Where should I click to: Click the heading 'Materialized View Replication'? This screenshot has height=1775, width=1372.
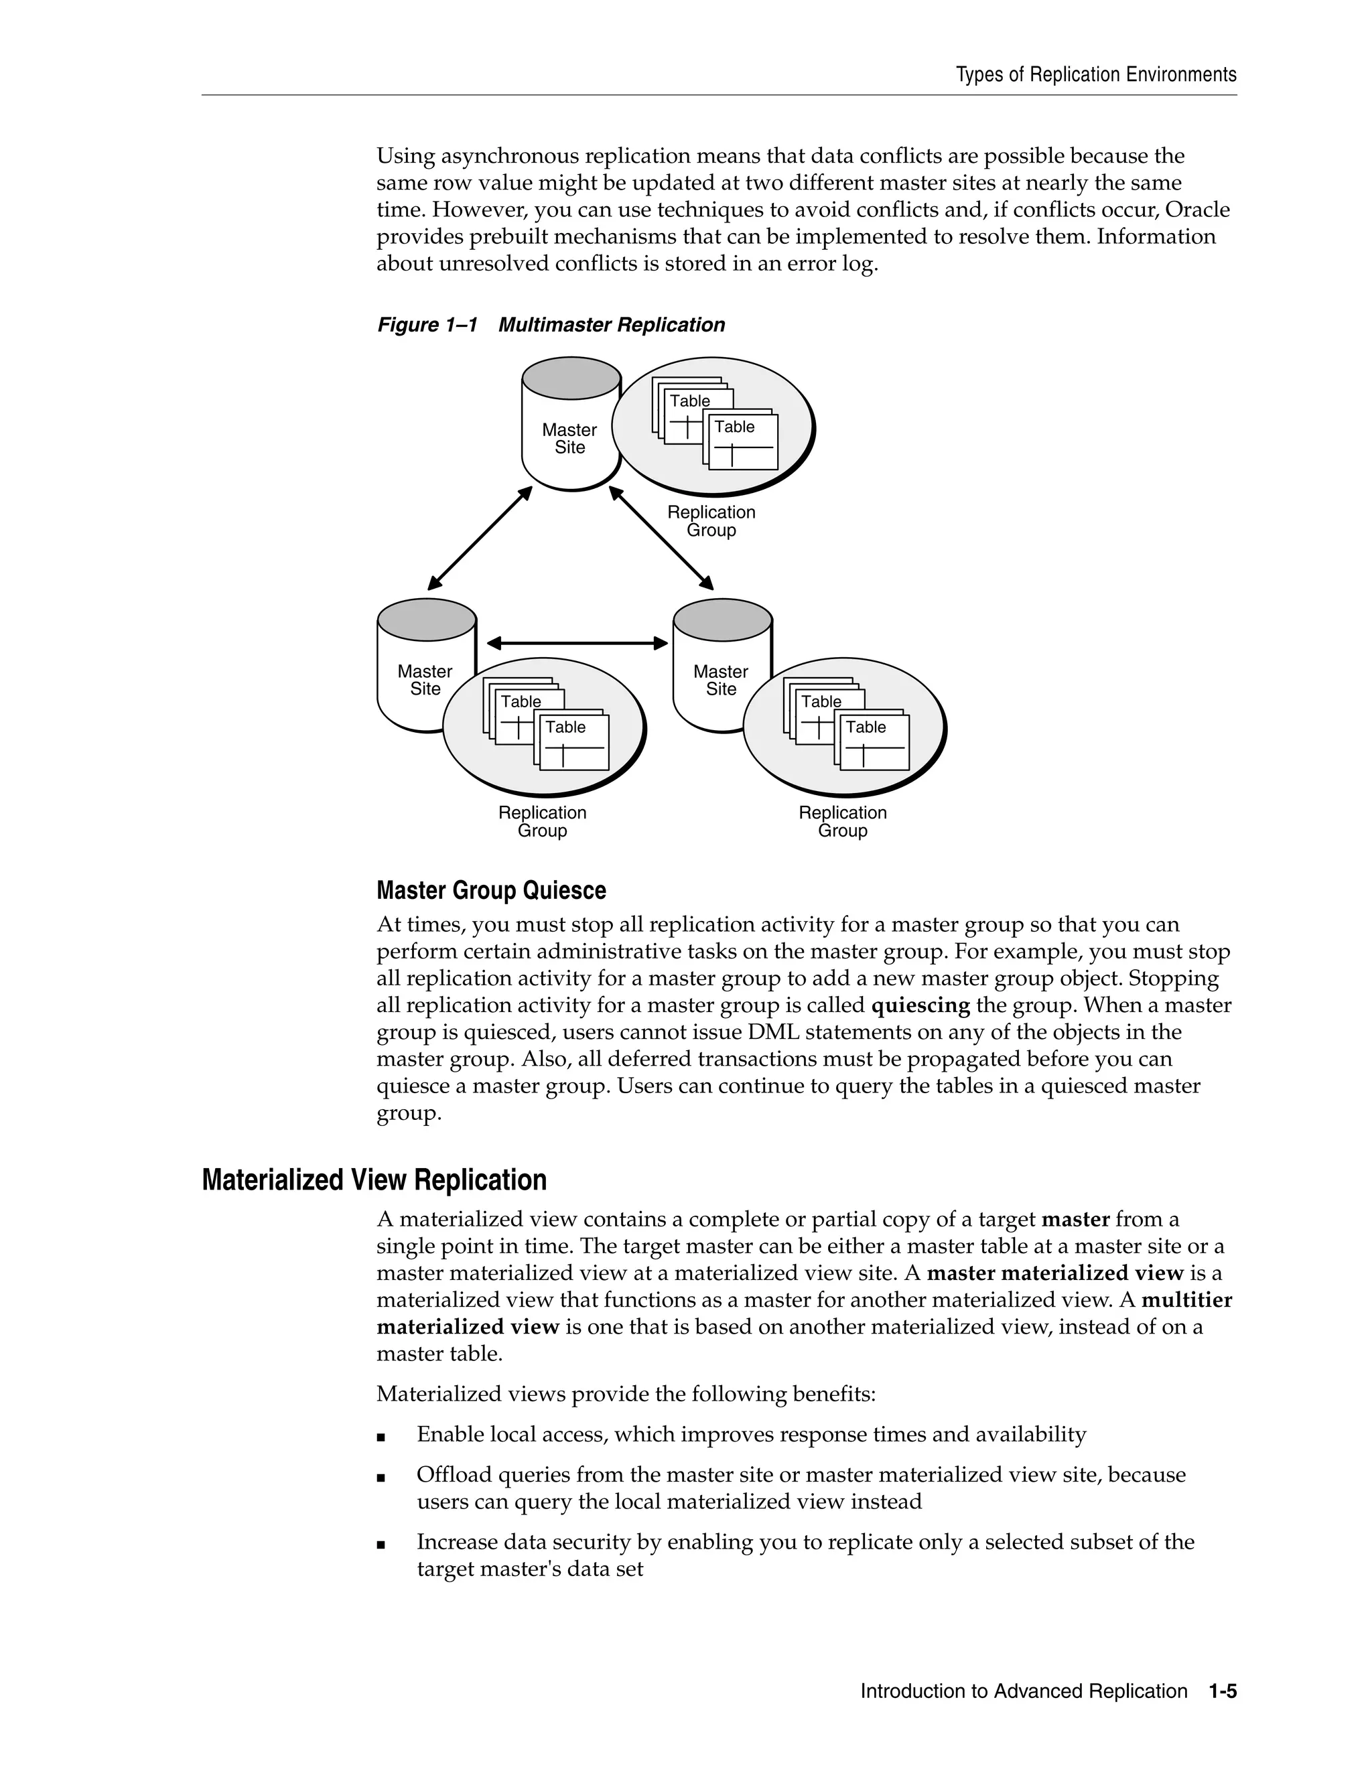[374, 1180]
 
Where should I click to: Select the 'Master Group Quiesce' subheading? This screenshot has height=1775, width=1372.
[491, 891]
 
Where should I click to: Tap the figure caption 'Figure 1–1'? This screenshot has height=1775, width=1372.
[427, 325]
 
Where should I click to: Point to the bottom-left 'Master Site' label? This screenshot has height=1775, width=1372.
[424, 681]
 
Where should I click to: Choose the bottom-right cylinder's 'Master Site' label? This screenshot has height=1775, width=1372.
[720, 681]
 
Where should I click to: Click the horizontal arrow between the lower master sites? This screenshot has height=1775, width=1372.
[577, 643]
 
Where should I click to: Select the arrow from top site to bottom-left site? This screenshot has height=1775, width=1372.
[480, 538]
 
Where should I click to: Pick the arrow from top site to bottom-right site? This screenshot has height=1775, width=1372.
[661, 538]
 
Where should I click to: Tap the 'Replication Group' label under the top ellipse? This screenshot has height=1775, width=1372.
[711, 521]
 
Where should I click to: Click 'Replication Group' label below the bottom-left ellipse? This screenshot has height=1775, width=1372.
[542, 822]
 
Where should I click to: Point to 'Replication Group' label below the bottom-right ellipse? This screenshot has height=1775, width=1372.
[843, 822]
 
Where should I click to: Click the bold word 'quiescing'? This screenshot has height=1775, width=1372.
[920, 1005]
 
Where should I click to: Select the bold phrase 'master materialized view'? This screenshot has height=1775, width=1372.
[1054, 1273]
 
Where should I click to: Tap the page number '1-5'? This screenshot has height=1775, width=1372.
[1222, 1691]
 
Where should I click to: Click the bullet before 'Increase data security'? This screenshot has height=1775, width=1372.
[381, 1544]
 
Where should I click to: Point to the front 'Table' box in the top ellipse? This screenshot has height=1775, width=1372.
[743, 442]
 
